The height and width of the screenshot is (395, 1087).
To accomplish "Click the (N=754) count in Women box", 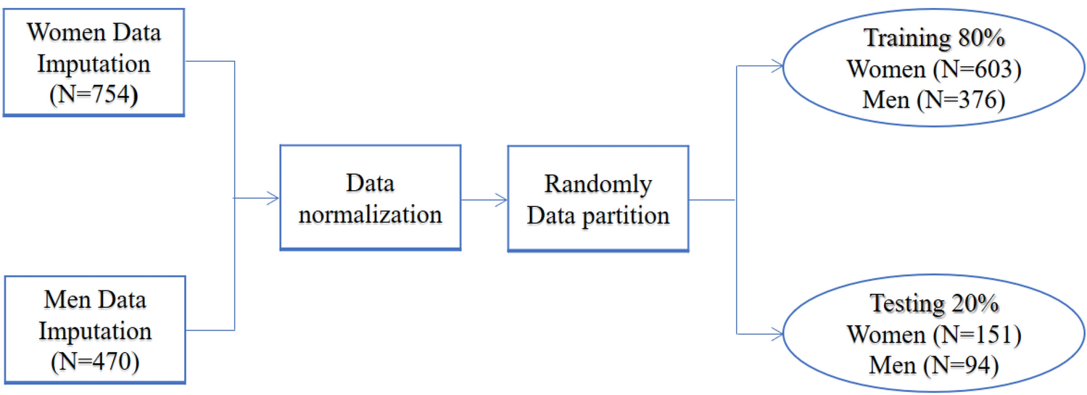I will tap(94, 94).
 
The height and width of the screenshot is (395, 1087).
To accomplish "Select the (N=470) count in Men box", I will tap(95, 361).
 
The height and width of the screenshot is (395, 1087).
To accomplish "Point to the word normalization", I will tap(370, 214).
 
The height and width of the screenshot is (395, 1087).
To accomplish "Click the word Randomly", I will tap(598, 184).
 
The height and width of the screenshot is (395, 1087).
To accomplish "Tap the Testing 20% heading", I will tap(935, 304).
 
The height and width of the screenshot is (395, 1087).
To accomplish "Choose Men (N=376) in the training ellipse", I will tap(934, 99).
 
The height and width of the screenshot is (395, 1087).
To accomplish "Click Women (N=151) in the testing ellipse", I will tap(934, 335).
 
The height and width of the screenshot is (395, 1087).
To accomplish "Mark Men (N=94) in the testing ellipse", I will tap(934, 365).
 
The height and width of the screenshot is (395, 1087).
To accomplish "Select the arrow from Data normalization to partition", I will tap(484, 198).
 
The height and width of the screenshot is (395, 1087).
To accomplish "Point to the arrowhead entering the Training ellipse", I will tap(777, 67).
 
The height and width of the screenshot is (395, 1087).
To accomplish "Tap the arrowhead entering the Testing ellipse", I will tap(777, 334).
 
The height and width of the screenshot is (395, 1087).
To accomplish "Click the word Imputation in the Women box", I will tap(94, 64).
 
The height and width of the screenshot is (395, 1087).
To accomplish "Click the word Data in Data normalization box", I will tap(370, 183).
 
